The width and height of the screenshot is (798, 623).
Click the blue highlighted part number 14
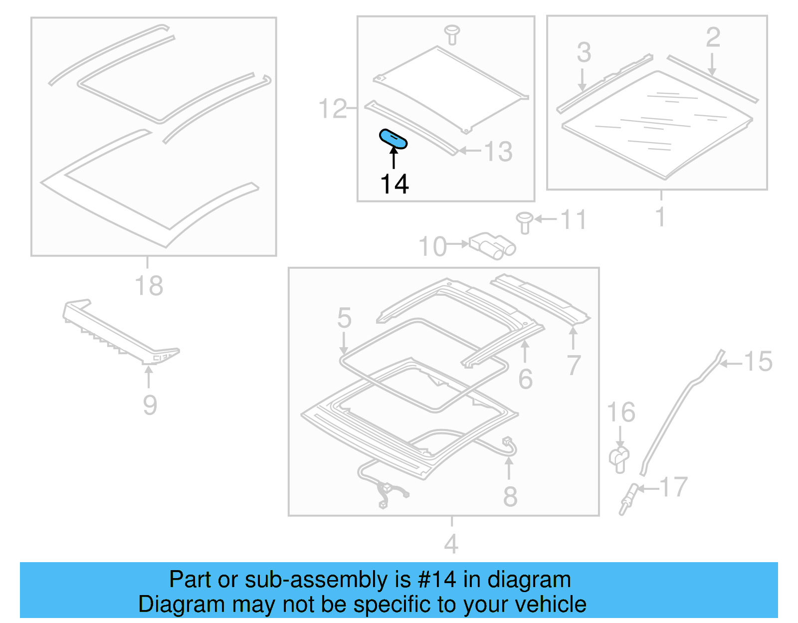point(394,139)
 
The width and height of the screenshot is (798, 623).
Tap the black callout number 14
point(395,184)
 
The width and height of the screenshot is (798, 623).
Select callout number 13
point(498,152)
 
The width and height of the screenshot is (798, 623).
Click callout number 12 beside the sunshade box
point(333,109)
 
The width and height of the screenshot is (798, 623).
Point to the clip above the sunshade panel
point(452,34)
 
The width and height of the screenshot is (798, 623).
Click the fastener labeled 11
point(524,222)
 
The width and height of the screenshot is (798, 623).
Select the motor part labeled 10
point(492,246)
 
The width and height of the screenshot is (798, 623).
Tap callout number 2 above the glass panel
point(713,37)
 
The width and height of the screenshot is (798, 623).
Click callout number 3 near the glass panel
point(584,52)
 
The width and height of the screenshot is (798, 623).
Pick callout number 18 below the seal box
point(149,285)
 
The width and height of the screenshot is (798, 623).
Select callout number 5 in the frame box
point(344,318)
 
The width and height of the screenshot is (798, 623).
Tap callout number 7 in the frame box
point(574,365)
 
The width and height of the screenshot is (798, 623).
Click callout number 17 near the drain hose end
point(673,487)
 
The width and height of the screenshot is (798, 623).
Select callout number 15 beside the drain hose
point(758,362)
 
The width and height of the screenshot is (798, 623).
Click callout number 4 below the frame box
point(451,543)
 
